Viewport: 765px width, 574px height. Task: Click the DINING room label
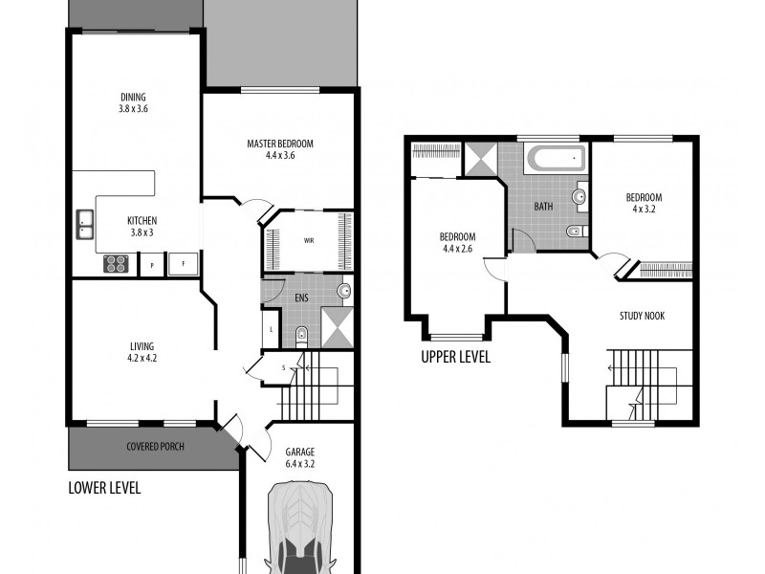coord(134,96)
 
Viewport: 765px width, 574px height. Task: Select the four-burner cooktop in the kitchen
coord(116,262)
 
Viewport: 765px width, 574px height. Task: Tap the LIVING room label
coord(142,345)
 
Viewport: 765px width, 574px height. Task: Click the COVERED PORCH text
coord(155,447)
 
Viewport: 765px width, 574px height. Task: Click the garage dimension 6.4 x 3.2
coord(299,464)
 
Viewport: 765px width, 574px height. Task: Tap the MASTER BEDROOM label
coord(280,143)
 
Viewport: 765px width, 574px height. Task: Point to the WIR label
coord(310,240)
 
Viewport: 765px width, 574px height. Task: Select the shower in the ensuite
coord(335,325)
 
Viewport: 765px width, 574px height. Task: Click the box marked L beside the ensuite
coord(272,330)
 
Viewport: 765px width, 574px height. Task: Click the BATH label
coord(543,206)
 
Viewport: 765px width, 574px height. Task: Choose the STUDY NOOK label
coord(642,316)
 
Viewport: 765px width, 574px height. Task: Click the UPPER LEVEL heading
coord(455,358)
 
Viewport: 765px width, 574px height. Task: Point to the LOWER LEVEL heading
coord(105,488)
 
